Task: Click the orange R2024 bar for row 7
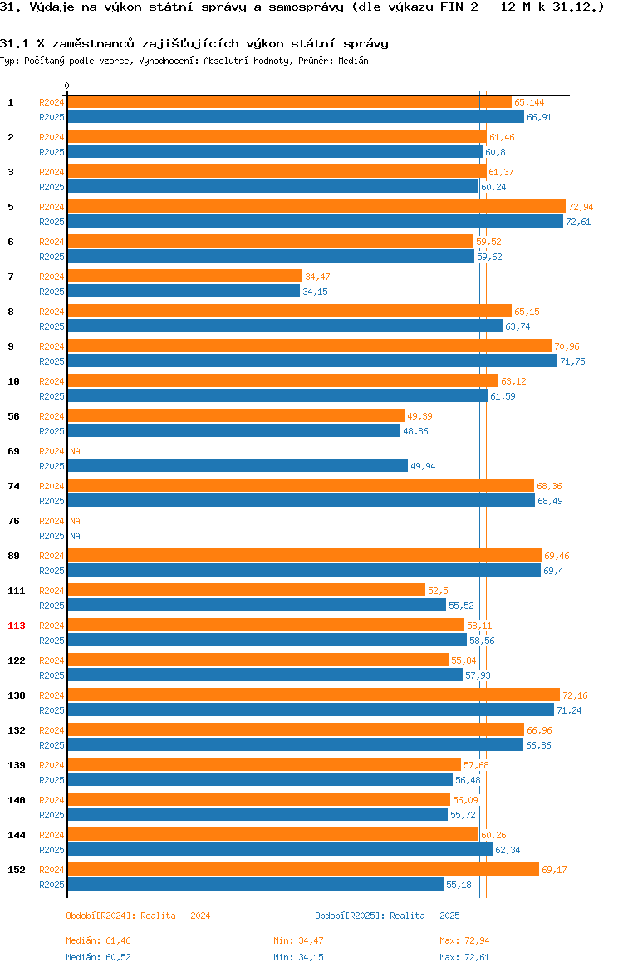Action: point(184,277)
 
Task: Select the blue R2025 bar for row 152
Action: point(255,885)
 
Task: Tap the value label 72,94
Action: point(581,207)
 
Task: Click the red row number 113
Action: point(16,626)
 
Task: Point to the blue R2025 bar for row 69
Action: point(238,465)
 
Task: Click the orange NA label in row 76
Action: point(75,522)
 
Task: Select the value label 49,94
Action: point(423,466)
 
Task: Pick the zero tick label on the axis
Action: point(67,86)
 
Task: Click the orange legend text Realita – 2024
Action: point(175,916)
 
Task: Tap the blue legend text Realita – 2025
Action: point(424,916)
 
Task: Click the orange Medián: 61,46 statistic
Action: point(99,940)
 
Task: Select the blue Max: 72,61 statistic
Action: point(464,957)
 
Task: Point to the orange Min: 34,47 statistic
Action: point(299,940)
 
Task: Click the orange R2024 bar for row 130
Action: point(314,695)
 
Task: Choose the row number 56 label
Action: point(13,416)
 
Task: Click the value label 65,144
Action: point(529,102)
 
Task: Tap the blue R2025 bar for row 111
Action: point(257,605)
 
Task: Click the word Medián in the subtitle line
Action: point(353,61)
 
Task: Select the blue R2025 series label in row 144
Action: point(52,850)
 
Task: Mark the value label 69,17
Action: point(554,871)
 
